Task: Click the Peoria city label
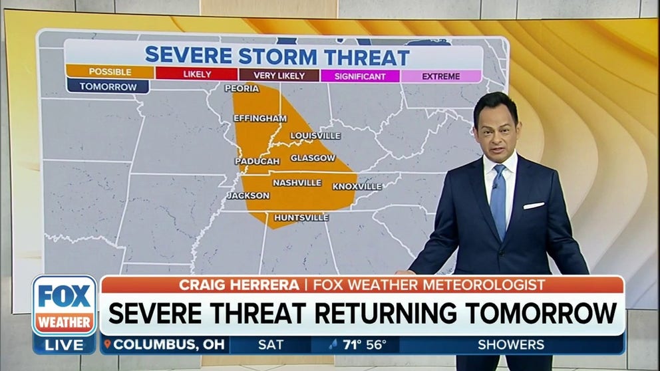pyautogui.click(x=242, y=88)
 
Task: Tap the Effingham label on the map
pyautogui.click(x=260, y=118)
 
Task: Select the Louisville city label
pyautogui.click(x=315, y=136)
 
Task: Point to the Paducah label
pyautogui.click(x=257, y=161)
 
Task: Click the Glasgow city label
pyautogui.click(x=313, y=158)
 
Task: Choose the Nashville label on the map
pyautogui.click(x=297, y=183)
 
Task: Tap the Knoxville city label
pyautogui.click(x=357, y=187)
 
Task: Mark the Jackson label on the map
pyautogui.click(x=248, y=195)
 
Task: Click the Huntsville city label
pyautogui.click(x=302, y=217)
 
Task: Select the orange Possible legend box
pyautogui.click(x=110, y=72)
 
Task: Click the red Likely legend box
pyautogui.click(x=197, y=74)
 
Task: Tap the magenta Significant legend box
pyautogui.click(x=361, y=76)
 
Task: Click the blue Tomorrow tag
pyautogui.click(x=108, y=87)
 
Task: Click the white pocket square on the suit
pyautogui.click(x=534, y=205)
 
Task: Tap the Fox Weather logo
pyautogui.click(x=65, y=306)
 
